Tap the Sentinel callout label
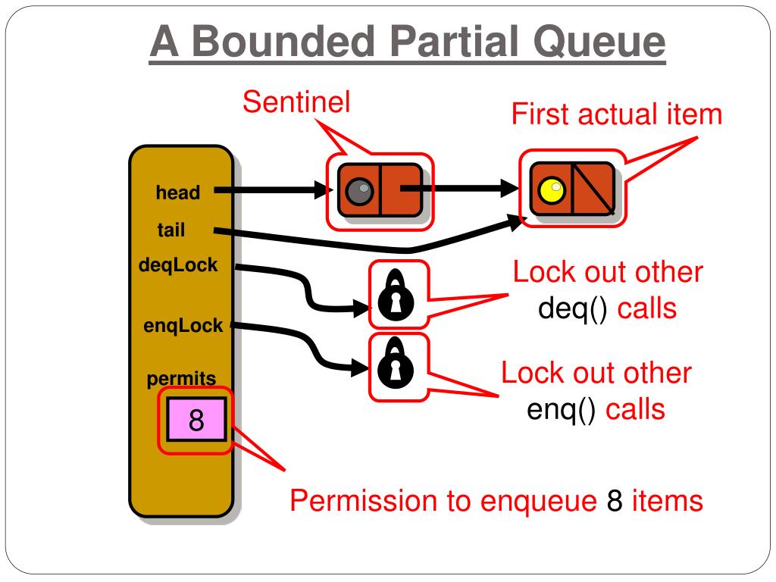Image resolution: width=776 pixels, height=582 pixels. coord(296,102)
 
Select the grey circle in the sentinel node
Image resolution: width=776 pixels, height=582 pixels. coord(358,190)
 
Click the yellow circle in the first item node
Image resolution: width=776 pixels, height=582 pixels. coord(551,190)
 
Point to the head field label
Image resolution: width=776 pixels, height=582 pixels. coord(178,193)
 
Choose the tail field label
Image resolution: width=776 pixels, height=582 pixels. coord(171,230)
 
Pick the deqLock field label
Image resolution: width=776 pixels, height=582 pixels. coord(178,266)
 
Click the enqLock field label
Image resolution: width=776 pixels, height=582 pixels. coord(183,326)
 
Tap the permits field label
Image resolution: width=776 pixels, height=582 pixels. coord(182,378)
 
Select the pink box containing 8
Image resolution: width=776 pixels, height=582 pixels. coord(196,419)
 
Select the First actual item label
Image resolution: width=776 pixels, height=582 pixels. coord(616,115)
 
